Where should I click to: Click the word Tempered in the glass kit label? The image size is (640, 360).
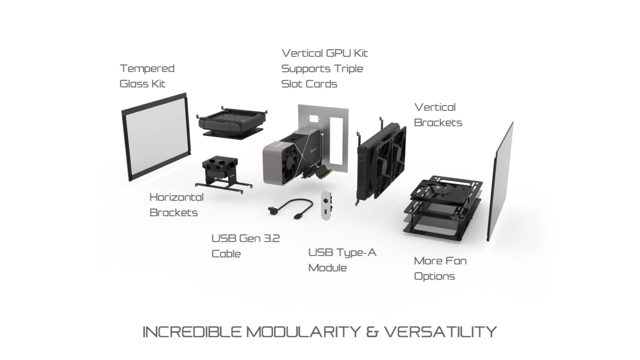pyautogui.click(x=147, y=69)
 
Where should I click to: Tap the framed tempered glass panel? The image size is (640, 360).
pyautogui.click(x=156, y=137)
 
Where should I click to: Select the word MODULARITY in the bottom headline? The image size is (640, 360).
pyautogui.click(x=303, y=332)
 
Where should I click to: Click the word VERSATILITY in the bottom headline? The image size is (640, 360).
pyautogui.click(x=440, y=332)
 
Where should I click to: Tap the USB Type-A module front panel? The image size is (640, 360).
pyautogui.click(x=326, y=205)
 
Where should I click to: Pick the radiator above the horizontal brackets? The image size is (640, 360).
pyautogui.click(x=232, y=122)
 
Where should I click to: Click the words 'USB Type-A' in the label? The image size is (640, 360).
pyautogui.click(x=342, y=253)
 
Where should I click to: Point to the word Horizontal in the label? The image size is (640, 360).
pyautogui.click(x=177, y=197)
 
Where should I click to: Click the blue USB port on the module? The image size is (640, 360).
pyautogui.click(x=325, y=212)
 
